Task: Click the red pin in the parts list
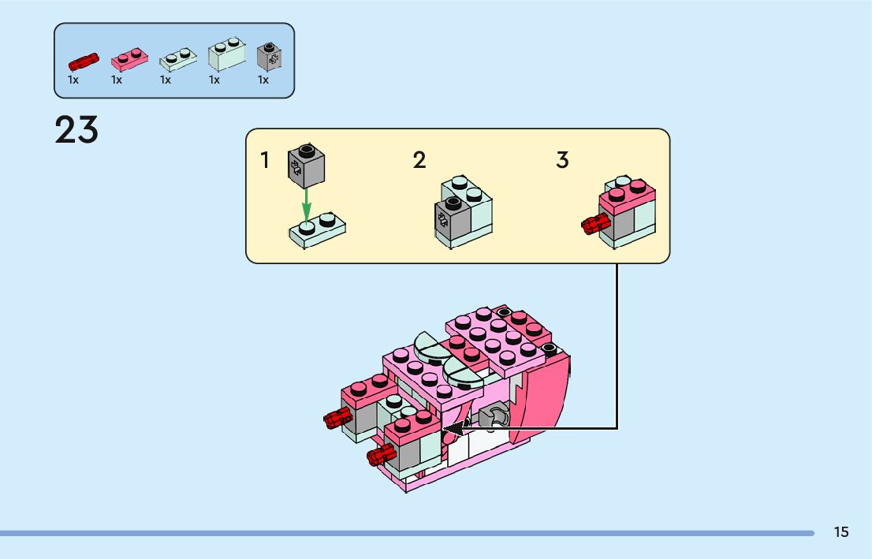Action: pos(82,61)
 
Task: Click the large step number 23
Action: pos(76,130)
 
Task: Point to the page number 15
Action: pos(841,532)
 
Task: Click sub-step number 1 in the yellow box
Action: pos(265,161)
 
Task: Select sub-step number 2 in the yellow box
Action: pos(419,161)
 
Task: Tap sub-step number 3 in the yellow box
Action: pos(562,161)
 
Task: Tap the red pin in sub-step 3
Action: pos(591,225)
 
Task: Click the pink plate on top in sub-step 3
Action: pos(627,192)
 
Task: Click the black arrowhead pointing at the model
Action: pos(453,429)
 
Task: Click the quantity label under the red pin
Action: pos(73,80)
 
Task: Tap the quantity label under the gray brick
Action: pos(263,80)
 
